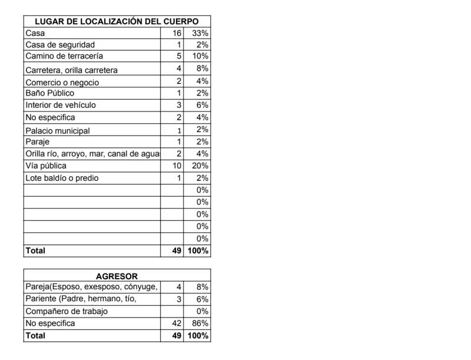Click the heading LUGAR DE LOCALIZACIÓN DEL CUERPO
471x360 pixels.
tap(117, 21)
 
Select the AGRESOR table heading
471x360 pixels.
tap(117, 276)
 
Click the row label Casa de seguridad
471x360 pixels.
tap(60, 45)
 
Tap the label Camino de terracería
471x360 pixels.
tap(64, 57)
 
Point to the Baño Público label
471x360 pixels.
tap(50, 93)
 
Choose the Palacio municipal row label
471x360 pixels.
tap(58, 131)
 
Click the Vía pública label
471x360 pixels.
tap(46, 166)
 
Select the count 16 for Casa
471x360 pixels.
tap(177, 34)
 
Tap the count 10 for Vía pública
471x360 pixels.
tap(177, 166)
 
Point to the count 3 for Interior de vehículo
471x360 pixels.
tap(179, 105)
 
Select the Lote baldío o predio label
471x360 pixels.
tap(62, 178)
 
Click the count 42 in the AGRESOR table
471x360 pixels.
tap(176, 323)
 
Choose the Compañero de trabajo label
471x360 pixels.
tap(67, 311)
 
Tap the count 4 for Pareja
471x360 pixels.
tap(179, 287)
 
